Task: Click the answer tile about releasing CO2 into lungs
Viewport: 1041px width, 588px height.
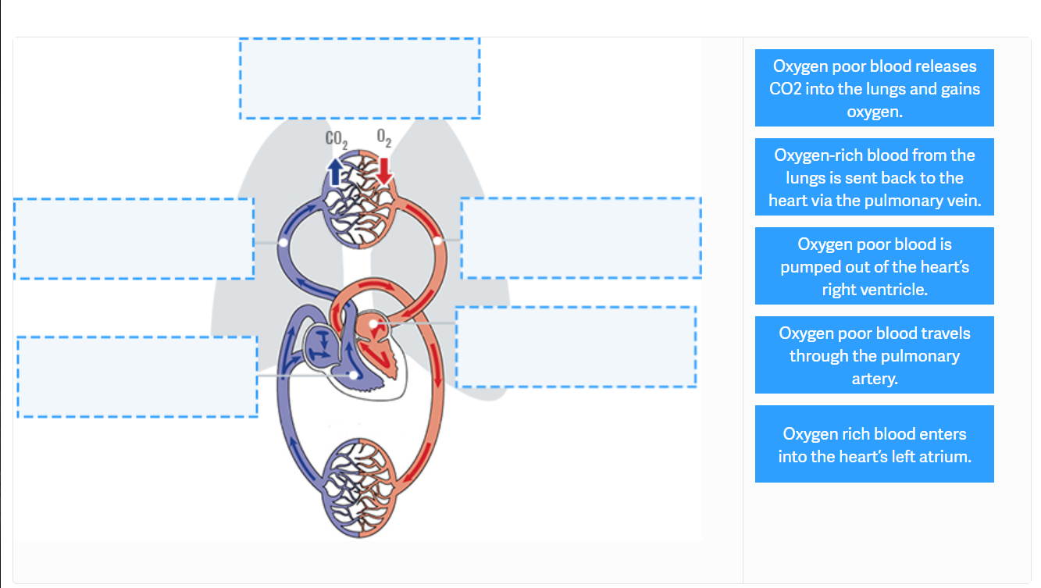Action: [x=874, y=88]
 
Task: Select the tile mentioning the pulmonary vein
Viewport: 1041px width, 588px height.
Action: [x=874, y=177]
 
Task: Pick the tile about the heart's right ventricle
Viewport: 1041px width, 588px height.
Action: [x=874, y=266]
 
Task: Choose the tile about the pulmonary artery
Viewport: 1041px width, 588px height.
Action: [x=874, y=355]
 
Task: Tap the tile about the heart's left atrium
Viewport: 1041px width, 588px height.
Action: [x=874, y=444]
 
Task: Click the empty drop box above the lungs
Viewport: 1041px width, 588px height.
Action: [x=359, y=78]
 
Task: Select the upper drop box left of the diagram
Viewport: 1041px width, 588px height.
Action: [x=134, y=238]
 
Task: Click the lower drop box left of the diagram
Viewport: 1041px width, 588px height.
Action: [x=137, y=376]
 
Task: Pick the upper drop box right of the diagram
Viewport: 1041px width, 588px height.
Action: [x=580, y=237]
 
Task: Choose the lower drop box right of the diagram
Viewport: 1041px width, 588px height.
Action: [x=576, y=347]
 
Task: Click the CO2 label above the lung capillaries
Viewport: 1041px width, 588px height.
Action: [x=336, y=140]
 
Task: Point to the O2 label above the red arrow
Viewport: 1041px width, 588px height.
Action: [x=383, y=138]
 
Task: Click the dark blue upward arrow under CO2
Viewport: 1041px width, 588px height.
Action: [x=335, y=171]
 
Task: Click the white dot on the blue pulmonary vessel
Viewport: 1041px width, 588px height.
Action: [x=283, y=243]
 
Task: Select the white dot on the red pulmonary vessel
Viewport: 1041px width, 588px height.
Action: [x=438, y=241]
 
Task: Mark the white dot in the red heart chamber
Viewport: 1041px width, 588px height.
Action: [x=373, y=323]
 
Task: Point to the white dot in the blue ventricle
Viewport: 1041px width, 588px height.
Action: [x=354, y=376]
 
